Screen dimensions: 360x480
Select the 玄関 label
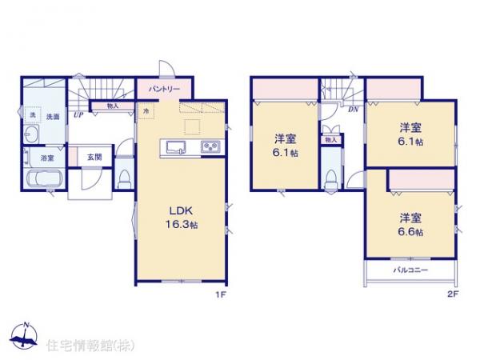(x=93, y=157)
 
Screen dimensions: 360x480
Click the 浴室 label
(x=38, y=158)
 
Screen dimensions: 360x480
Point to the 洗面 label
(x=53, y=116)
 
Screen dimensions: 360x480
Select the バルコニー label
(x=412, y=271)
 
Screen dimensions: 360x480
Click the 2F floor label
(x=453, y=294)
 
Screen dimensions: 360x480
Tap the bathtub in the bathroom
(x=42, y=178)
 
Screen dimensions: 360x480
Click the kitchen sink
(x=176, y=147)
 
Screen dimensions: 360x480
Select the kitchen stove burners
(x=212, y=147)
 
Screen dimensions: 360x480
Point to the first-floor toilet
(x=122, y=178)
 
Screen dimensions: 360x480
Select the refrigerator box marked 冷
(x=147, y=112)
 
